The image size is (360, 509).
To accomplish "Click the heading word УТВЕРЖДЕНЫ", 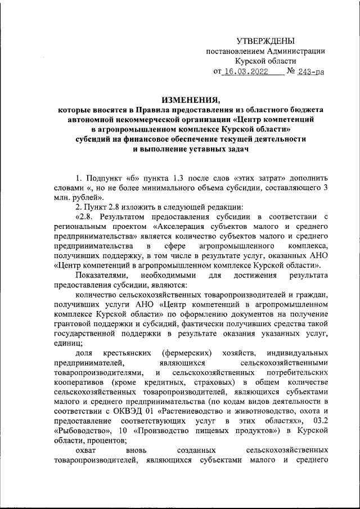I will tap(265, 41).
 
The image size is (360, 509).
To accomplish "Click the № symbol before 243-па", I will tap(292, 72).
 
